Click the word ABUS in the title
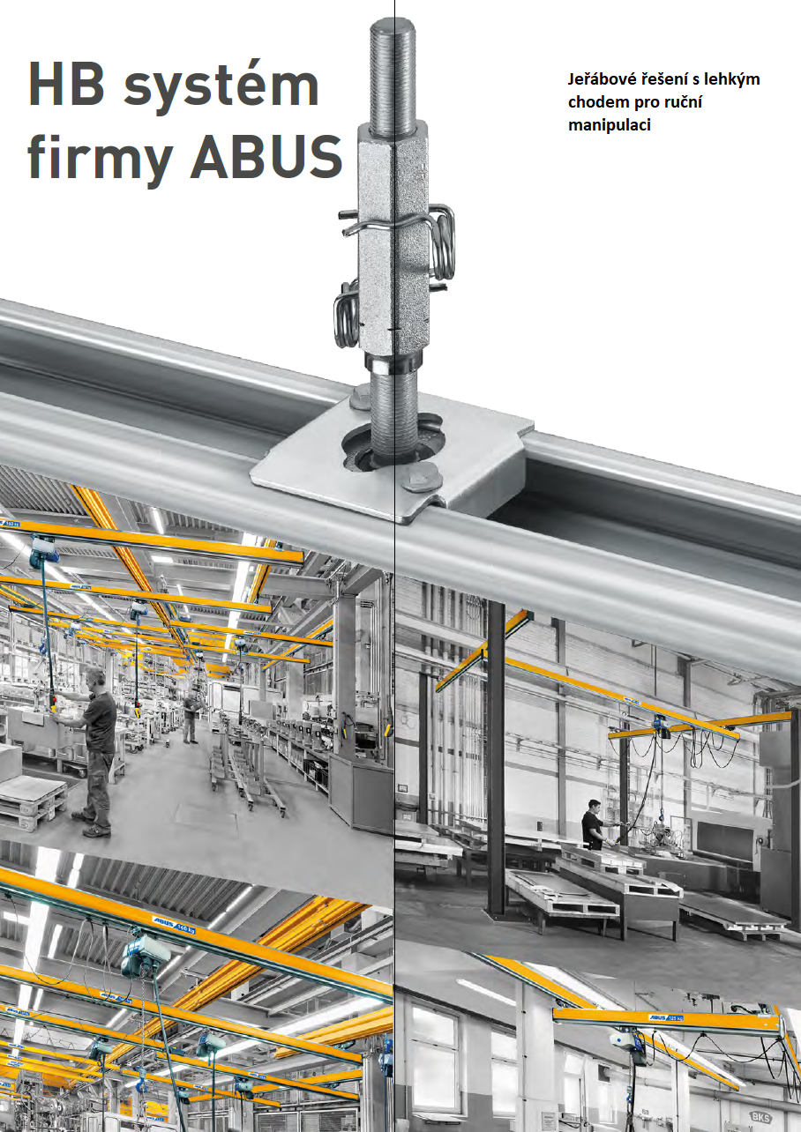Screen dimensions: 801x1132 [266, 156]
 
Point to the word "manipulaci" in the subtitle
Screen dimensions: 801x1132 [609, 125]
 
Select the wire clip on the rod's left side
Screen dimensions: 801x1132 [347, 314]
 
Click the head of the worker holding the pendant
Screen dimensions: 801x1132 [94, 677]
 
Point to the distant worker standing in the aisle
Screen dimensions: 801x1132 [191, 718]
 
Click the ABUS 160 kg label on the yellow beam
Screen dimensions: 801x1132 [175, 924]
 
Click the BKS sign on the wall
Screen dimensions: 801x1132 [760, 1117]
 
